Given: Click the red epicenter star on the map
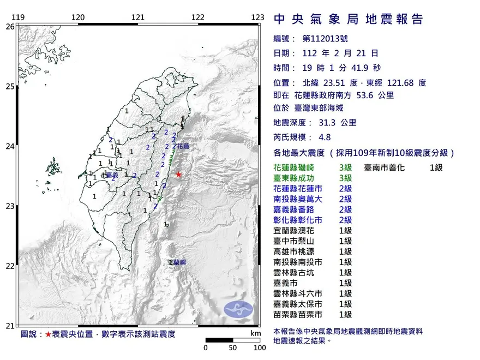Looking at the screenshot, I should point(178,175).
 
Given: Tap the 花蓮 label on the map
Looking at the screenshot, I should point(183,146).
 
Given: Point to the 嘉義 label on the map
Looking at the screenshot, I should point(112,175).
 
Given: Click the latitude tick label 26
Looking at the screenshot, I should point(10,26).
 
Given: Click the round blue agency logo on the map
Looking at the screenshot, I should point(238,309).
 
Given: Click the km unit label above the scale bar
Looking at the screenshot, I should point(255,333).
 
